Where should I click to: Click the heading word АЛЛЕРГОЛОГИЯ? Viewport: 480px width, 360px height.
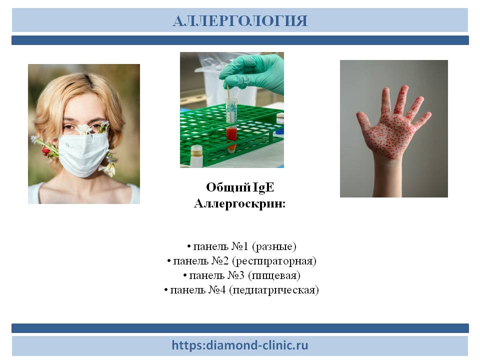[240, 21]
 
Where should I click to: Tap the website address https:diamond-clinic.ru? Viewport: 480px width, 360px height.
[239, 345]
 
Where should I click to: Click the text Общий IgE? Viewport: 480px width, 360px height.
[240, 187]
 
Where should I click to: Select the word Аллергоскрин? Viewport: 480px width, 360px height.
[239, 203]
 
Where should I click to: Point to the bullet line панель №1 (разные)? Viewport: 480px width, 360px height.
[241, 246]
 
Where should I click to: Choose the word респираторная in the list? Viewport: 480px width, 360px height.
[274, 261]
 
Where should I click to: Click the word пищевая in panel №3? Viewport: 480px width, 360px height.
[274, 275]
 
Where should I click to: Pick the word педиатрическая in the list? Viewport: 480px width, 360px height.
[274, 290]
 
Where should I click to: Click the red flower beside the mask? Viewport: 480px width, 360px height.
[46, 150]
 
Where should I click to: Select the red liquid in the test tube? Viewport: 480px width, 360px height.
[231, 134]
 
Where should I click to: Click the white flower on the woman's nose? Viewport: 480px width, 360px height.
[84, 129]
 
